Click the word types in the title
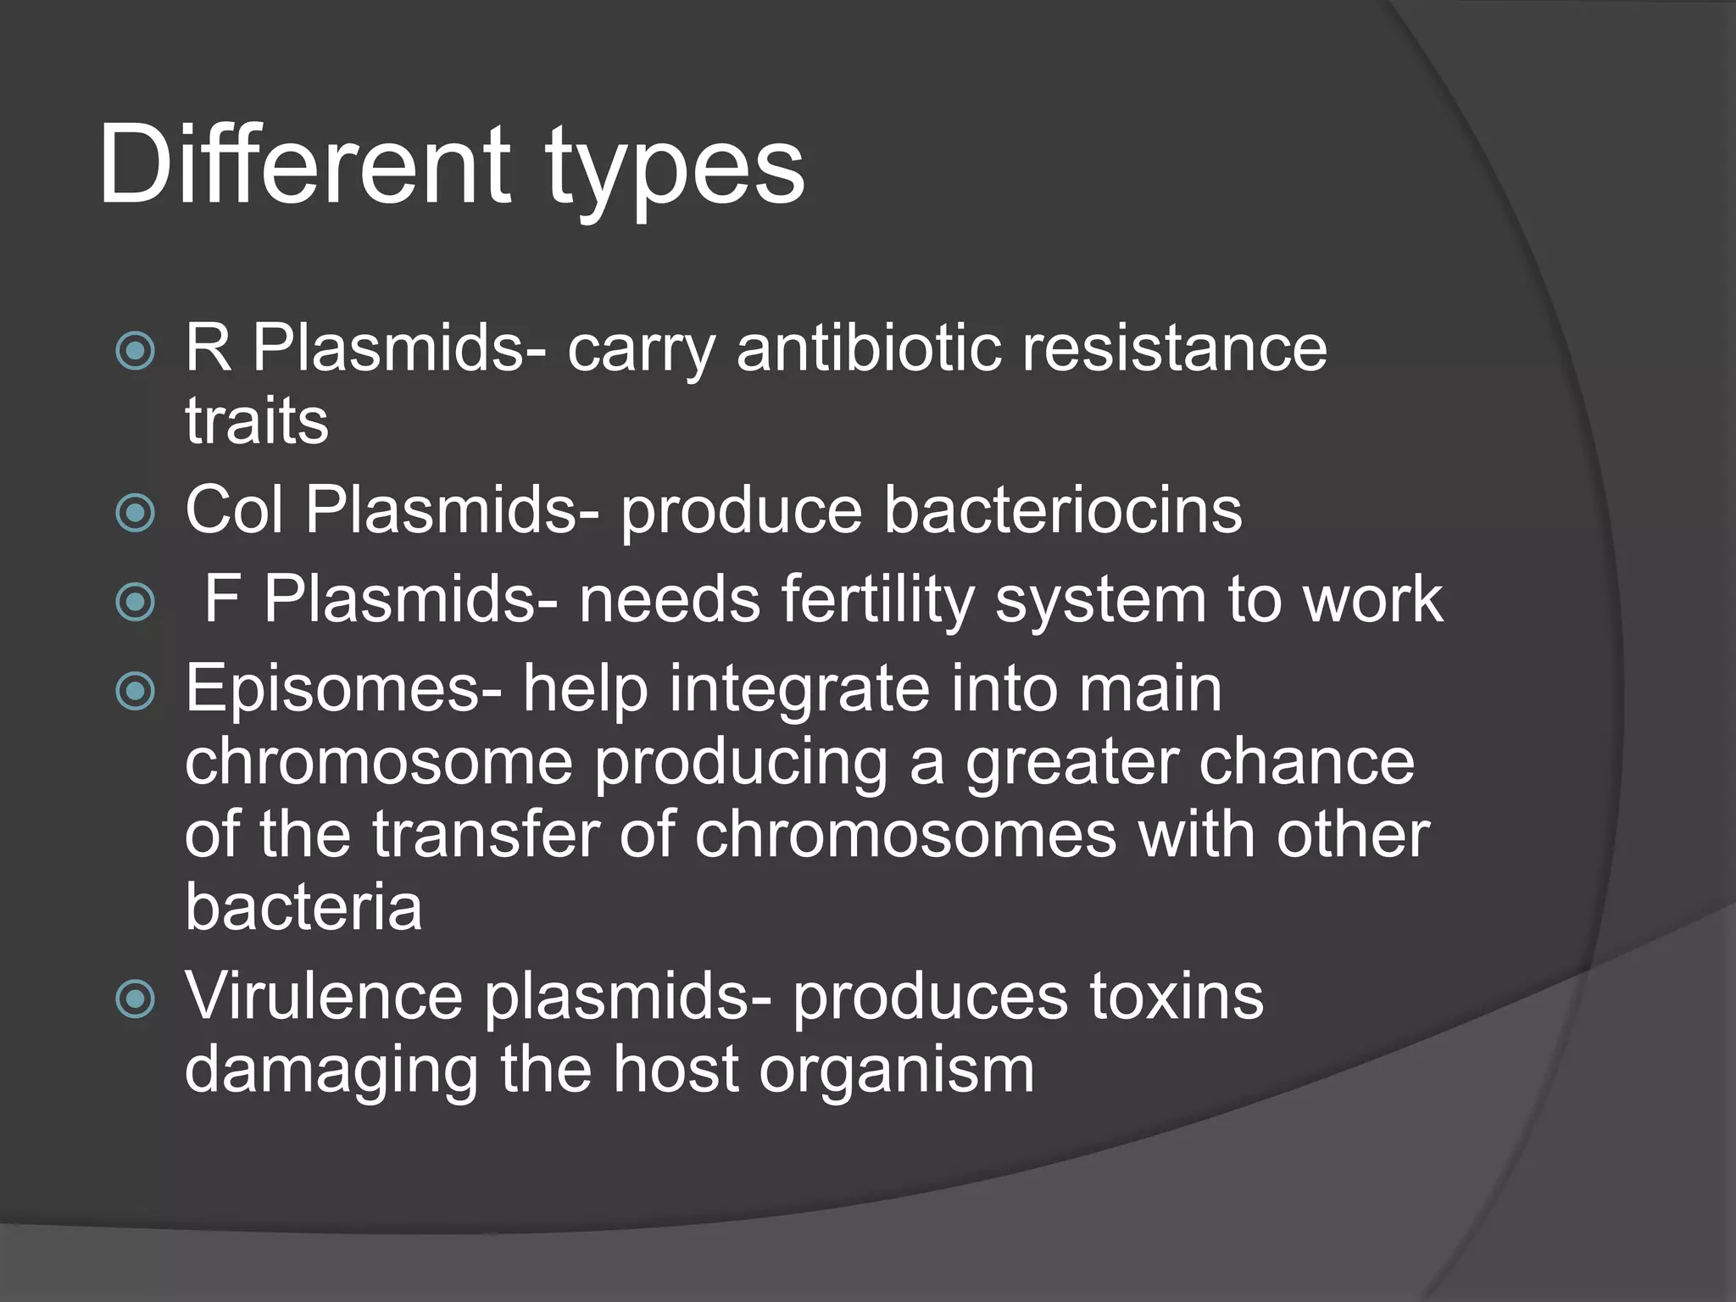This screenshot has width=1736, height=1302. [x=675, y=170]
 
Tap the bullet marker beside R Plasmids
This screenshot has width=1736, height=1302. [x=136, y=350]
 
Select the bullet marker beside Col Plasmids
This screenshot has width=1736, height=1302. [x=136, y=512]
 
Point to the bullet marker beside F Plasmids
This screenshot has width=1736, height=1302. [x=136, y=602]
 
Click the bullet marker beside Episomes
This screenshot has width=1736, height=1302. [x=136, y=691]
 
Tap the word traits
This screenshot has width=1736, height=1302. [x=256, y=421]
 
